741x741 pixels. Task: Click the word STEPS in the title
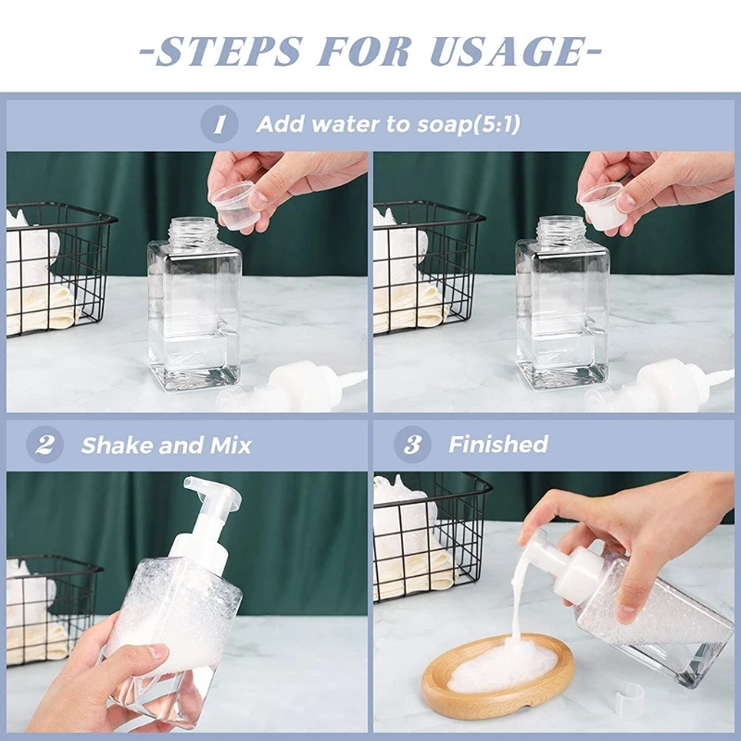(228, 51)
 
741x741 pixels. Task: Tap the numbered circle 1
(219, 124)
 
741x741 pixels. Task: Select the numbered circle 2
(44, 445)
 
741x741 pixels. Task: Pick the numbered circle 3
(412, 445)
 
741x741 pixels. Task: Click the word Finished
(498, 445)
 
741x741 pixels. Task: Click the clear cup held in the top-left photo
(232, 205)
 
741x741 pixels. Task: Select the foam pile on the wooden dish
(503, 665)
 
